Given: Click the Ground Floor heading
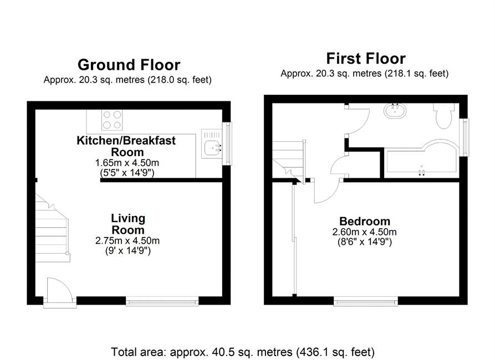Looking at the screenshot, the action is [x=129, y=65].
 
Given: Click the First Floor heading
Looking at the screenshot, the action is [x=365, y=59].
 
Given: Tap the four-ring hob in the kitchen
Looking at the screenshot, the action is [x=112, y=120].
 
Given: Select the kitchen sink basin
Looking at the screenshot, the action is [x=212, y=148].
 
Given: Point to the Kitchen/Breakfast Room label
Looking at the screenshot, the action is [x=126, y=146].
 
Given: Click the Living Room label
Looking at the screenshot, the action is [x=128, y=224].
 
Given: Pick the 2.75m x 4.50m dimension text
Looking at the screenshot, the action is [x=127, y=241].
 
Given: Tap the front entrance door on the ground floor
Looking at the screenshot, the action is [x=60, y=292].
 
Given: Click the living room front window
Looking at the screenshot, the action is [x=162, y=301].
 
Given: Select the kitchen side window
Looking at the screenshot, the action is [x=227, y=143].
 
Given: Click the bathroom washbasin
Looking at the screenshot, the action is [x=395, y=111].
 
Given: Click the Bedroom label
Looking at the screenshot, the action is [x=365, y=221].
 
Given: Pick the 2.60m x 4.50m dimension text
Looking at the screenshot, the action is [x=364, y=232].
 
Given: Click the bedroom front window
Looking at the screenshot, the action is [x=366, y=302].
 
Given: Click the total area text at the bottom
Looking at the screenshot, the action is [x=243, y=352].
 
